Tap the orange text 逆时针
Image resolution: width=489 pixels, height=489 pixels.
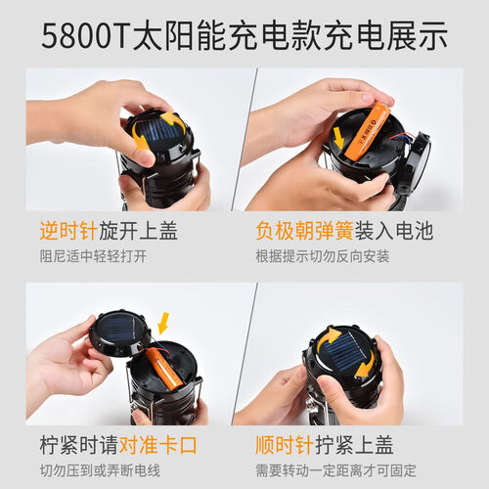[x=68, y=231]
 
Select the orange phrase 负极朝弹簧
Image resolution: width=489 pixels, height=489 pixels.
[x=305, y=231]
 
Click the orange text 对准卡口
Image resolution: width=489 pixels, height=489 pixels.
[x=157, y=445]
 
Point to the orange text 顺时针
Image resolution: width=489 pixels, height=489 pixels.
[x=285, y=445]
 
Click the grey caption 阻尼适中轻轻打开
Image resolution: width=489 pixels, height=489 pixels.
[x=93, y=256]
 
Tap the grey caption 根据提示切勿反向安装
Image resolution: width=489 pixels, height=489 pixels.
[x=323, y=256]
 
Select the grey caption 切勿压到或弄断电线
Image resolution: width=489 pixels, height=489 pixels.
[x=100, y=470]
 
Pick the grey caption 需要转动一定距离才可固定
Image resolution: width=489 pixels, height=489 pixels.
[x=335, y=470]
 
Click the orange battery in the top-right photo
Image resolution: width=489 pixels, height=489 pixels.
[x=369, y=131]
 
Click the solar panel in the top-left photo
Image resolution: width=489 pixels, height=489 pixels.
[x=160, y=133]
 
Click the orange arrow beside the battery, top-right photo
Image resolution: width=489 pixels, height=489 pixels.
[x=339, y=137]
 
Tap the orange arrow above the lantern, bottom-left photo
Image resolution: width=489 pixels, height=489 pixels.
[x=163, y=324]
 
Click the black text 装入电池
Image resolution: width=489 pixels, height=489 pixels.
[x=394, y=231]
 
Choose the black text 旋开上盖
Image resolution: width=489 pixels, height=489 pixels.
[x=138, y=231]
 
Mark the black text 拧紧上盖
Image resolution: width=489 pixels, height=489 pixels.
[x=354, y=445]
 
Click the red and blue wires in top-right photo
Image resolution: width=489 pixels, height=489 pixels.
[x=401, y=140]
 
